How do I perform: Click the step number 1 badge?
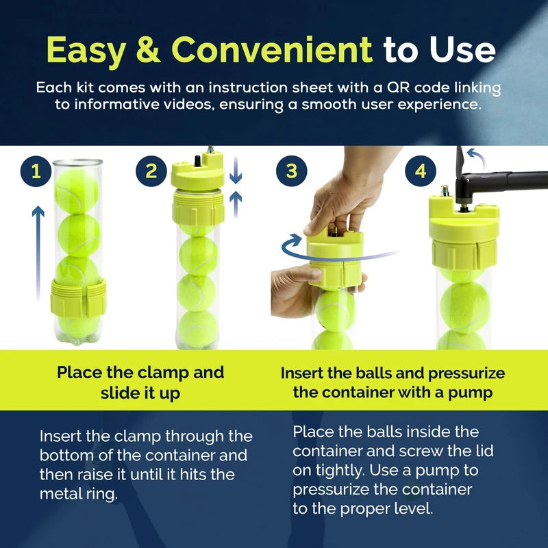36,172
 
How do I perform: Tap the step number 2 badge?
151,172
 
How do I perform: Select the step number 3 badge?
291,172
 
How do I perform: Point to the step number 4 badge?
420,172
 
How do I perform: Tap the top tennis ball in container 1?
76,191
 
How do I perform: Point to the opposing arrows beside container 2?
236,182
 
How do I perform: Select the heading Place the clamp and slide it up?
140,383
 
